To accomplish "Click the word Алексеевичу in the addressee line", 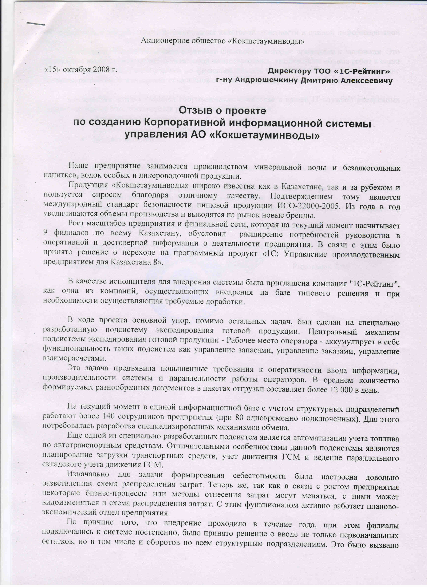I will (366, 81).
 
